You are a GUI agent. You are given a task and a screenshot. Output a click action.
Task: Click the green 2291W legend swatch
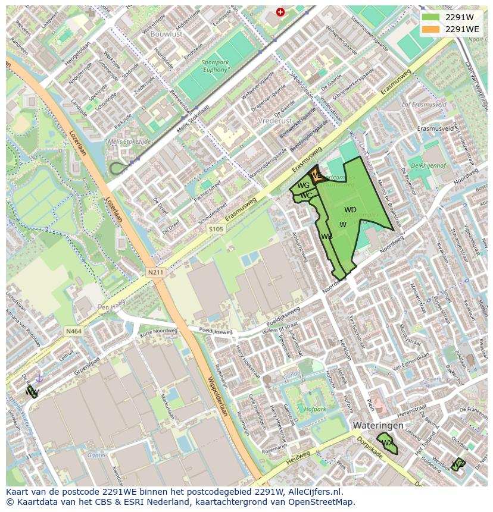click(431, 17)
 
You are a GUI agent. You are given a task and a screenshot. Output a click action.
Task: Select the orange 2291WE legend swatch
click(431, 29)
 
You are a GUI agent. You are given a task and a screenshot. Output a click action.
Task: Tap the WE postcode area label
click(316, 175)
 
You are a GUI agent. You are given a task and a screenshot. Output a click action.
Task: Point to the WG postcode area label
click(303, 186)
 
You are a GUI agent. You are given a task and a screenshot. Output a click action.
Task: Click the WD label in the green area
click(350, 210)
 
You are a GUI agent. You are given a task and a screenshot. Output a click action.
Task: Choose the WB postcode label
click(326, 237)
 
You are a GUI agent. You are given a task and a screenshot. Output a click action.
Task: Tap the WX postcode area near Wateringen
click(387, 443)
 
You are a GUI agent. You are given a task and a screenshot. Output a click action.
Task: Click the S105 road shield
click(216, 228)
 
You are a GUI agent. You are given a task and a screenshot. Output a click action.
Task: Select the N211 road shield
click(155, 272)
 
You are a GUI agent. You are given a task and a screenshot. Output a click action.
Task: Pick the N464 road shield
click(74, 331)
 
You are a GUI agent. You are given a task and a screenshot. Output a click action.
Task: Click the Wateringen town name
click(378, 426)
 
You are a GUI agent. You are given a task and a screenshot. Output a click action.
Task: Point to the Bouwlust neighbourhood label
click(167, 34)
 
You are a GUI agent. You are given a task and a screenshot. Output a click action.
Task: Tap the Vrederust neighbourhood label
click(276, 120)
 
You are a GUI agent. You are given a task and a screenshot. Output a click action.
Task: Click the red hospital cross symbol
click(280, 12)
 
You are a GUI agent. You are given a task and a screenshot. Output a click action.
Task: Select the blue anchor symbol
click(39, 378)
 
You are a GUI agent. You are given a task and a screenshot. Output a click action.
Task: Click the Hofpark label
click(314, 409)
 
